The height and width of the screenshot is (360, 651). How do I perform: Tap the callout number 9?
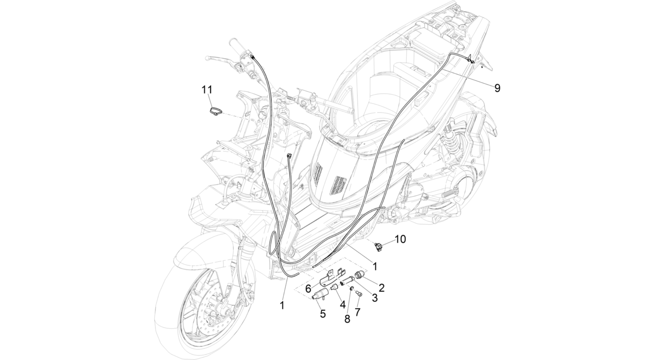click(497, 88)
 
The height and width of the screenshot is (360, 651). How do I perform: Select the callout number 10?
click(401, 239)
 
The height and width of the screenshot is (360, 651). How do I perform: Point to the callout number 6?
click(308, 289)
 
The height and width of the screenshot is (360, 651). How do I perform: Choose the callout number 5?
click(323, 314)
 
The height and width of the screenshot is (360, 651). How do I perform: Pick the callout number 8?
click(347, 319)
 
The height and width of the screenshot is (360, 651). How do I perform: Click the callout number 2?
click(382, 288)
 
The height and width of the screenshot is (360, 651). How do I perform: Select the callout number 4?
click(342, 305)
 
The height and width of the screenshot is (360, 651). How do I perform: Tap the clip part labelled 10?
click(378, 246)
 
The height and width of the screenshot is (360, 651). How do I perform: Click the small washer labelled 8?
click(352, 289)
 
